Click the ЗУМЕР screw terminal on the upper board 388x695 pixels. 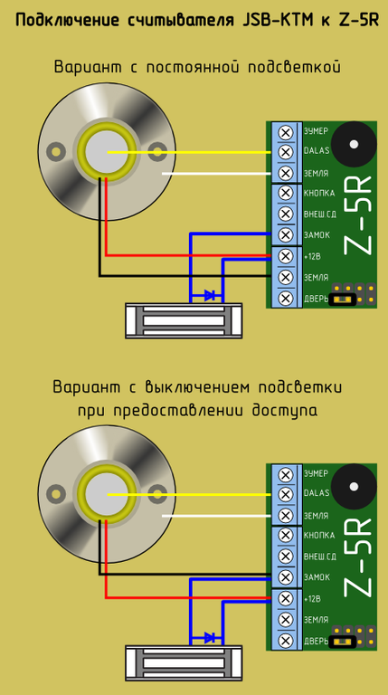click(286, 131)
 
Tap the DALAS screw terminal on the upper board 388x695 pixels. click(286, 152)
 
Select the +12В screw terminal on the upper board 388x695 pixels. click(286, 256)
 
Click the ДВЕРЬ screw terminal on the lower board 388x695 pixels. click(286, 640)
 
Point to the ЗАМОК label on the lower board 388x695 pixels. click(317, 577)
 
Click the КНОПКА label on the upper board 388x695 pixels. click(319, 194)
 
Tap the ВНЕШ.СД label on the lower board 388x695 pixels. click(320, 557)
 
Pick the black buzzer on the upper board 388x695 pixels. click(354, 145)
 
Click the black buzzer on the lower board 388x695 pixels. click(354, 487)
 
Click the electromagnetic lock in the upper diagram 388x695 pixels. click(184, 320)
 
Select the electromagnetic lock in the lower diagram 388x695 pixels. click(184, 663)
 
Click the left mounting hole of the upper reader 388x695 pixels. click(56, 152)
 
